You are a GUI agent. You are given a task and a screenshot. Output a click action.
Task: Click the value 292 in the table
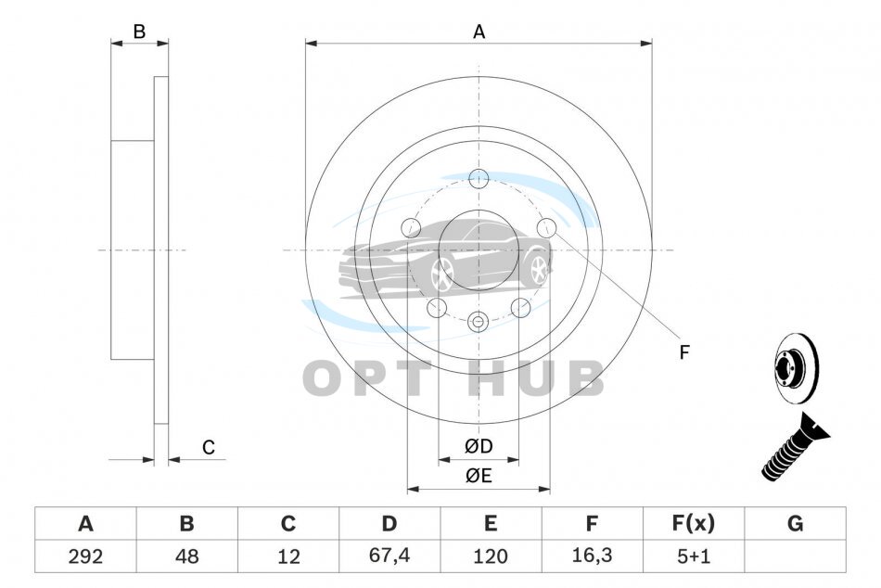pyautogui.click(x=85, y=556)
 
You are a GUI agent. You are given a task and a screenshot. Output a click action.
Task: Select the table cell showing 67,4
pyautogui.click(x=389, y=556)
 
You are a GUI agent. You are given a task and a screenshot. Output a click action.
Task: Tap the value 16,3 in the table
pyautogui.click(x=592, y=556)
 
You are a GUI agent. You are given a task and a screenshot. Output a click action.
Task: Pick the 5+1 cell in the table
pyautogui.click(x=694, y=556)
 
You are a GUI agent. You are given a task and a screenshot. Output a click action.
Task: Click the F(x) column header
pyautogui.click(x=694, y=523)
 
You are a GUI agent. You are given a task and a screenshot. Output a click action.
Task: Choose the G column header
pyautogui.click(x=795, y=523)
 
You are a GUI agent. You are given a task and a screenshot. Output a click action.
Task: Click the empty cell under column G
pyautogui.click(x=795, y=556)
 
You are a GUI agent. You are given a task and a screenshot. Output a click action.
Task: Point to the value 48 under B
pyautogui.click(x=186, y=556)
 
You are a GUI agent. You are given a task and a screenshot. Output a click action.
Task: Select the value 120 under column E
pyautogui.click(x=491, y=556)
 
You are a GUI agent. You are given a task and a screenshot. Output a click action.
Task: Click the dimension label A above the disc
pyautogui.click(x=479, y=32)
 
